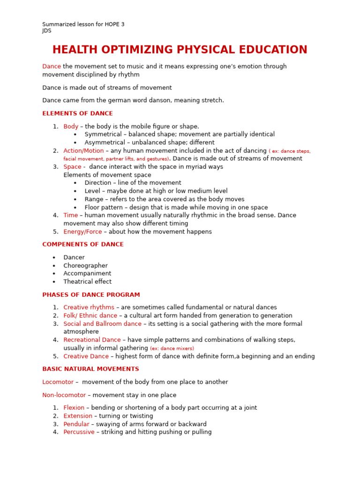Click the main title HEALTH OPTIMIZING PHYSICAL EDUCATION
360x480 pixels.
pyautogui.click(x=180, y=50)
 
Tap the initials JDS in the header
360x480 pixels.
pyautogui.click(x=47, y=31)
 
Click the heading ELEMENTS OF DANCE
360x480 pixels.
pyautogui.click(x=77, y=113)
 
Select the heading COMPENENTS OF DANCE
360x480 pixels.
pyautogui.click(x=83, y=244)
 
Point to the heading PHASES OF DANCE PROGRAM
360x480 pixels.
pyautogui.click(x=91, y=295)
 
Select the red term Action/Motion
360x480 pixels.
pyautogui.click(x=83, y=150)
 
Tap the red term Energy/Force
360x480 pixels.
pyautogui.click(x=82, y=232)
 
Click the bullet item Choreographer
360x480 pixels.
pyautogui.click(x=85, y=265)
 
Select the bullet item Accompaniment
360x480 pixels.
pyautogui.click(x=87, y=273)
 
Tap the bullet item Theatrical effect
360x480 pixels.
pyautogui.click(x=87, y=282)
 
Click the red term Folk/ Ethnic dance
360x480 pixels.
pyautogui.click(x=90, y=315)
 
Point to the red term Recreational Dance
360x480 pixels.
pyautogui.click(x=92, y=340)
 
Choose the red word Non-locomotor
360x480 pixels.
pyautogui.click(x=64, y=395)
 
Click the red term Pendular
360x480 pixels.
pyautogui.click(x=76, y=424)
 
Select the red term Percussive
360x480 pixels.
pyautogui.click(x=79, y=432)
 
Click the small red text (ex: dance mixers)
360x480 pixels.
pyautogui.click(x=172, y=348)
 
